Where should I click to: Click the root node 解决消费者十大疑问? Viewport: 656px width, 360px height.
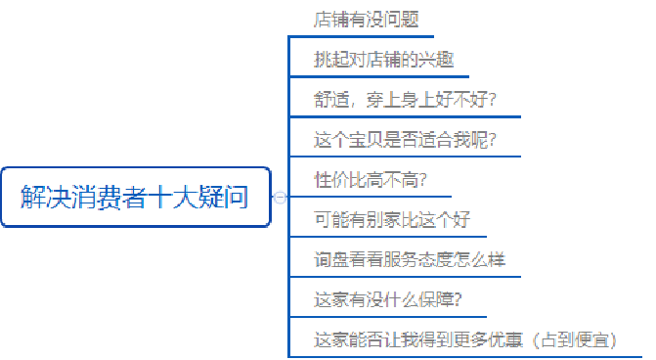(135, 197)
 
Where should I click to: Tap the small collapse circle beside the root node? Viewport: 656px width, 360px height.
(280, 197)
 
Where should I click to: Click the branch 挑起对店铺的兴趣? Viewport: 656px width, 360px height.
(371, 59)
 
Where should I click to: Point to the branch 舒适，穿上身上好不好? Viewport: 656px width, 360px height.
(405, 100)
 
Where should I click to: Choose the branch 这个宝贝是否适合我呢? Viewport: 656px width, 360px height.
(405, 140)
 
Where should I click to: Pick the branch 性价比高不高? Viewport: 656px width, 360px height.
(370, 180)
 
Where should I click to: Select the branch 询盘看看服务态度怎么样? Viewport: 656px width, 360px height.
(410, 260)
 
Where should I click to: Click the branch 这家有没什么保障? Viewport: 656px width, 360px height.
(388, 299)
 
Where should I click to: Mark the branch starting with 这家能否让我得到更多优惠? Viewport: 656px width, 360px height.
(420, 340)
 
